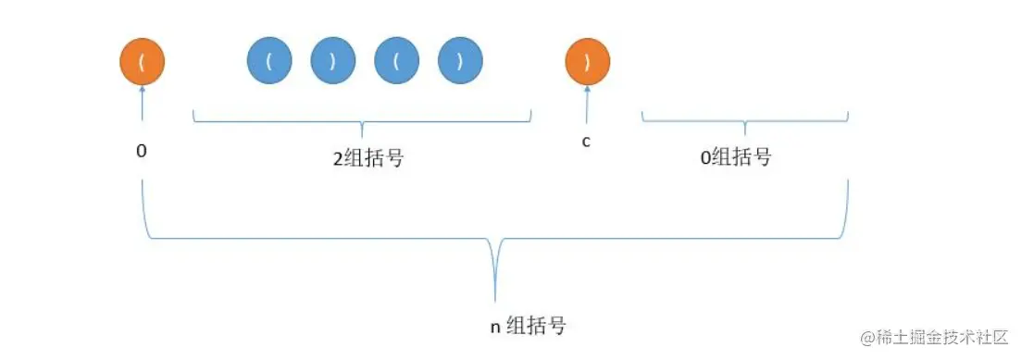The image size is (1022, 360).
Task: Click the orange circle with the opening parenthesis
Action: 142,62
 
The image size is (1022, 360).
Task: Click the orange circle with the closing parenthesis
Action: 588,62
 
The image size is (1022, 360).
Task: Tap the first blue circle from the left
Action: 269,62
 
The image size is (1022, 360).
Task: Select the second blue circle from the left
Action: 333,62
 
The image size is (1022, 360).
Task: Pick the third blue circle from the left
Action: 397,62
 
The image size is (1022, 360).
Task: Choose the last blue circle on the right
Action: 461,62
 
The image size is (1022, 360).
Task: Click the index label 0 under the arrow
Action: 142,148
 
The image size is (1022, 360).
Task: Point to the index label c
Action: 587,143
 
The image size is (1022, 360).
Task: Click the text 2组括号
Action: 368,158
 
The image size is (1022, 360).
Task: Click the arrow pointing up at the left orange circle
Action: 142,102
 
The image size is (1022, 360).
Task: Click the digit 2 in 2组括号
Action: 339,158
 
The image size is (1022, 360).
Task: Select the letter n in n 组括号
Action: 494,328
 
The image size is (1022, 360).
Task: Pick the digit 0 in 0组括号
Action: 705,157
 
